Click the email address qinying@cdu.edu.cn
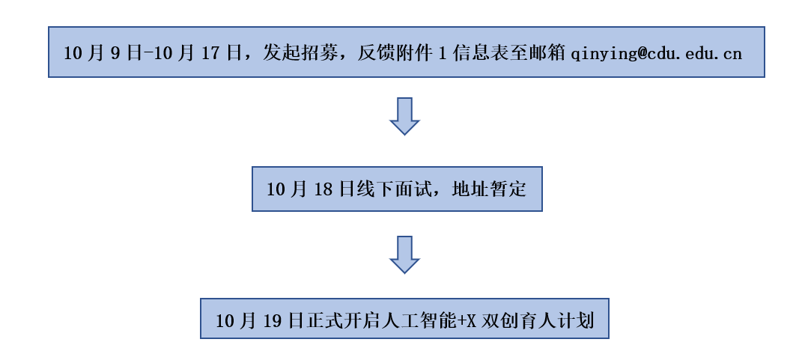[x=656, y=53]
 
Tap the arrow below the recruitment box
[x=404, y=115]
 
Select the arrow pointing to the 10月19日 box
[x=404, y=254]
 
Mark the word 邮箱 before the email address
[x=548, y=53]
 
